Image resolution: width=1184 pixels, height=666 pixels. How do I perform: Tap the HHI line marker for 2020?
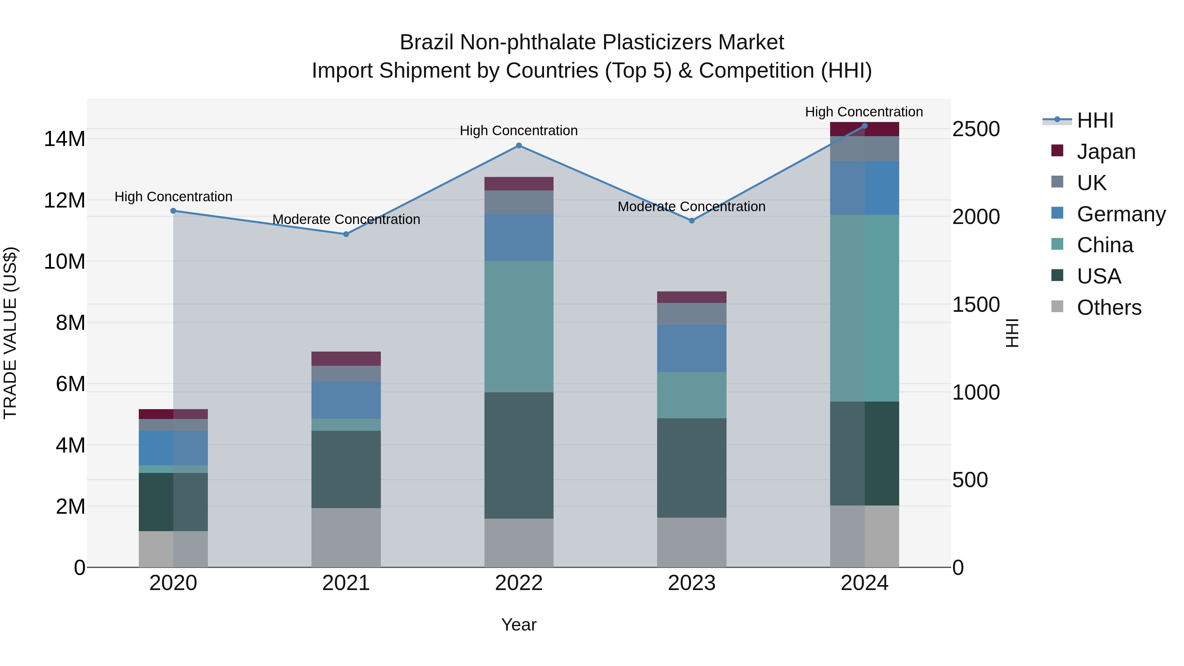(x=173, y=211)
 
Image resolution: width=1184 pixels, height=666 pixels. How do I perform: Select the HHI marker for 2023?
(x=691, y=221)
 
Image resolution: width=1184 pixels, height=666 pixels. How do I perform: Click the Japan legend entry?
(x=1105, y=152)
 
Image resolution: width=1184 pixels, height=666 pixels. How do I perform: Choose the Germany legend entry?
(x=1121, y=214)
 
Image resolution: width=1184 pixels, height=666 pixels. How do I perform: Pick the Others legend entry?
(x=1109, y=308)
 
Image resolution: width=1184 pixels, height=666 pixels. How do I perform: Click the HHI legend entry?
(x=1095, y=120)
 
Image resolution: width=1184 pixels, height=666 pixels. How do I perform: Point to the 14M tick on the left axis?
(x=64, y=139)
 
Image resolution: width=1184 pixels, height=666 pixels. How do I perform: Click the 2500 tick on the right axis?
(x=976, y=129)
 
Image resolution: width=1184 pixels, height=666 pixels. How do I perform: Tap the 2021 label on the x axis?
(x=346, y=583)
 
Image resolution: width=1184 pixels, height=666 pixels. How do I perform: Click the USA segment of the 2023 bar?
(x=691, y=468)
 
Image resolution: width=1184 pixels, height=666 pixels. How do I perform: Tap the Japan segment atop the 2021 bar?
(x=346, y=358)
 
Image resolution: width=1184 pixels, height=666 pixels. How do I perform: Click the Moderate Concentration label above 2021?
(x=346, y=220)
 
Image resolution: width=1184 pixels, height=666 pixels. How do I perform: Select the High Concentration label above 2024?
(x=864, y=112)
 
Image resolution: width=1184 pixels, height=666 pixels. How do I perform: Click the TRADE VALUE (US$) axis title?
(x=10, y=333)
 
